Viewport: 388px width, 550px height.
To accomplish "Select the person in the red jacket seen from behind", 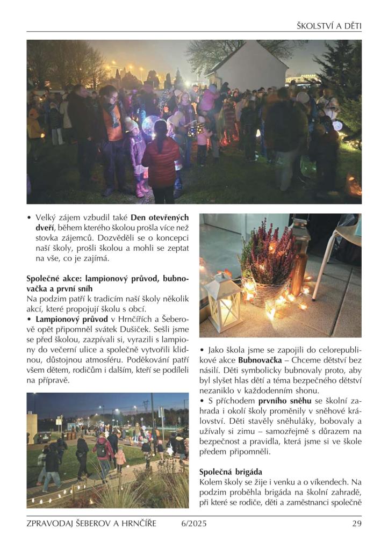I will pos(161,161).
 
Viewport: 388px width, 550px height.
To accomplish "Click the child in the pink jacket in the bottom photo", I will pos(120,457).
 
